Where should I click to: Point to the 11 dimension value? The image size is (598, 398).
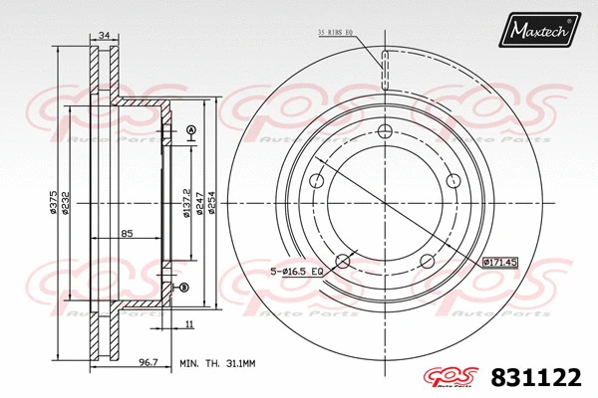point(187,324)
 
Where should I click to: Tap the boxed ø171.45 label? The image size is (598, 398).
point(500,263)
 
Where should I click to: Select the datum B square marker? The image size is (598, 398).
point(182,289)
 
